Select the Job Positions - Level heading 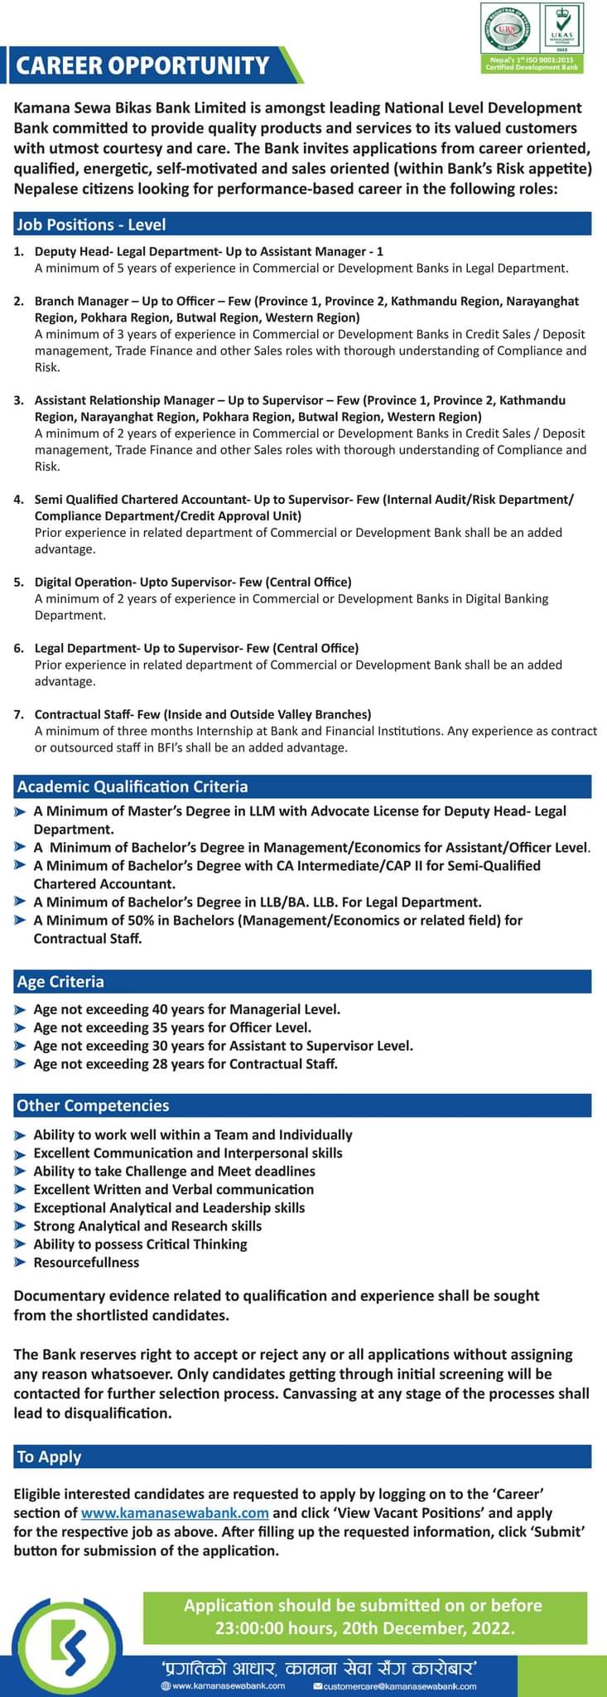(91, 225)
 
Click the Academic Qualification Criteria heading (132, 786)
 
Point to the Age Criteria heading (60, 982)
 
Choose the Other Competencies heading (93, 1105)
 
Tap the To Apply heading (49, 1457)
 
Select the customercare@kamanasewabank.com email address (399, 1685)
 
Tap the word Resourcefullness (86, 1263)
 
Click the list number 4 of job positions (18, 500)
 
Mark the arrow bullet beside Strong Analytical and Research (21, 1227)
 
